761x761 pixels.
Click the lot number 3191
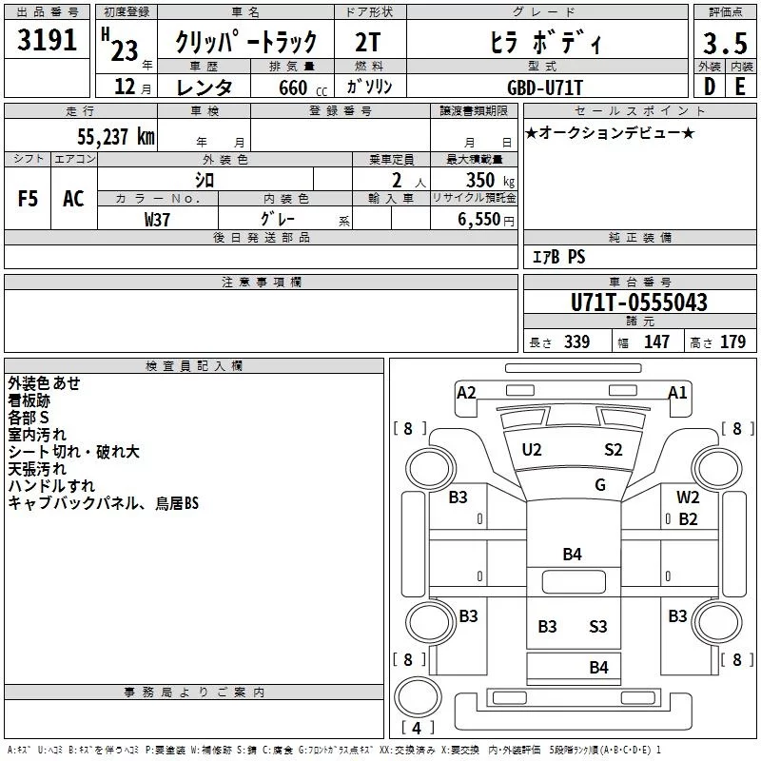tap(48, 41)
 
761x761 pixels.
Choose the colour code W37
tap(158, 218)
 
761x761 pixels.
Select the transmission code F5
tap(28, 198)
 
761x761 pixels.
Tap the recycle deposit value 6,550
tap(483, 219)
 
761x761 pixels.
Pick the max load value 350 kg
tap(481, 180)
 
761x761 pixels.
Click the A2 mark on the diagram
tap(466, 392)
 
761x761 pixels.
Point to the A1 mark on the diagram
tap(677, 392)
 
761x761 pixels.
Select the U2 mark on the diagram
tap(532, 449)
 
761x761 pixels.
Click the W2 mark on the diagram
tap(688, 497)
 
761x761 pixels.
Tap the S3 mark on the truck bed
tap(597, 626)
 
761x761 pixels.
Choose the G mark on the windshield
tap(599, 484)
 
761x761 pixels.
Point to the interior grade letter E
tap(739, 86)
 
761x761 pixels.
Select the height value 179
tap(732, 342)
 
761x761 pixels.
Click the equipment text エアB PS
tap(558, 257)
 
